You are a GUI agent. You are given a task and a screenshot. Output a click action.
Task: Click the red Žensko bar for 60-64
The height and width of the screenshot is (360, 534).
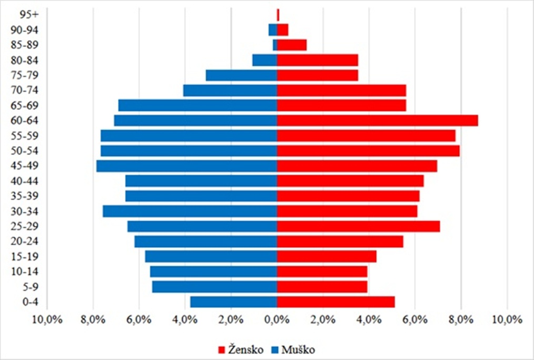tap(377, 121)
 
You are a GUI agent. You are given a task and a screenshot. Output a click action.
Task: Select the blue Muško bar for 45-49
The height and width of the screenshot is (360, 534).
tap(186, 166)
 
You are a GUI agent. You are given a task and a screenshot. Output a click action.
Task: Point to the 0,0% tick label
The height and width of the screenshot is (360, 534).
tap(277, 320)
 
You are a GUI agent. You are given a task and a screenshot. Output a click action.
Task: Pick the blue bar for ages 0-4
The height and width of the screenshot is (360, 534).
tap(233, 302)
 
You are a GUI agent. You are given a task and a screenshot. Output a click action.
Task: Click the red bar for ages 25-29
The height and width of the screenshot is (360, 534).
tap(358, 227)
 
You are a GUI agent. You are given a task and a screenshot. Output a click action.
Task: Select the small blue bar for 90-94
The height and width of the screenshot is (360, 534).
tap(273, 30)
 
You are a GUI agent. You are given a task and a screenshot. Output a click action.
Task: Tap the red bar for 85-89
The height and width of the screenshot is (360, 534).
tap(292, 45)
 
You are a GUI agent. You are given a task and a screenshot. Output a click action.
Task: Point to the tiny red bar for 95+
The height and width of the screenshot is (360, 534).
tap(278, 15)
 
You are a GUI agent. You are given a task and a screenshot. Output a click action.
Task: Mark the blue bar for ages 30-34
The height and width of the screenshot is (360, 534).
tap(190, 211)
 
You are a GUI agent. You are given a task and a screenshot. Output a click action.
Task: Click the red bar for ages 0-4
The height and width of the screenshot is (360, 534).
tap(335, 302)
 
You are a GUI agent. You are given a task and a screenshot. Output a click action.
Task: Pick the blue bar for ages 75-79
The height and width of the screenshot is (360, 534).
tap(241, 75)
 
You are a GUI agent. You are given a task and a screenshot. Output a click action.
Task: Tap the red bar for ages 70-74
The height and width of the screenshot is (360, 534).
tap(341, 91)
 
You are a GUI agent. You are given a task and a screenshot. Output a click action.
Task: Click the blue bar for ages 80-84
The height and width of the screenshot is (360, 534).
tap(264, 60)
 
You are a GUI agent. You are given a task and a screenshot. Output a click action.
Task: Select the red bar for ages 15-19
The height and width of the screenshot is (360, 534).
tap(327, 257)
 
